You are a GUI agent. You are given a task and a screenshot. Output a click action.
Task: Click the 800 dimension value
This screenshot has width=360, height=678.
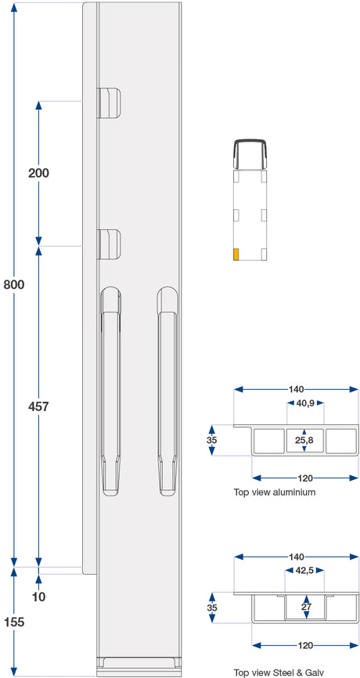click(14, 284)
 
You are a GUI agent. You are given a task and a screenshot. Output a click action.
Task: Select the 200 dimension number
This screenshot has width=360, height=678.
click(38, 173)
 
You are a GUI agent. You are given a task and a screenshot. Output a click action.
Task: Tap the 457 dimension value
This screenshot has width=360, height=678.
click(38, 406)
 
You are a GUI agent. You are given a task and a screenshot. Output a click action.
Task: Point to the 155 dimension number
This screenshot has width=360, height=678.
click(14, 622)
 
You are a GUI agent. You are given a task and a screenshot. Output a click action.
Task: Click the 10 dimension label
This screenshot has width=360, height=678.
click(38, 597)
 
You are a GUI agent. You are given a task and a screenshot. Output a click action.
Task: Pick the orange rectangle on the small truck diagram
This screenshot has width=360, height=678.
click(236, 254)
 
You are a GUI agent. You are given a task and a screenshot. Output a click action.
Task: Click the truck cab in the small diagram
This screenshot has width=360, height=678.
click(250, 153)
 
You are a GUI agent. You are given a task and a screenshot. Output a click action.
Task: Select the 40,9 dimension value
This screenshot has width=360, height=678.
click(306, 403)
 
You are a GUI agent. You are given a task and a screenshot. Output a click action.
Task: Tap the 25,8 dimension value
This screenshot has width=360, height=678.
click(304, 440)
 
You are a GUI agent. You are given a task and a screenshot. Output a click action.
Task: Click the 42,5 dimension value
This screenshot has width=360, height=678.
click(304, 570)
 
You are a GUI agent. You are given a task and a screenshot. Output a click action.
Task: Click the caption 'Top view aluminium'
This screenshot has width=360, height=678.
click(275, 492)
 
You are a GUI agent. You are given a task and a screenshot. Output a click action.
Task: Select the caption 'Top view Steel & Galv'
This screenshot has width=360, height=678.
click(279, 672)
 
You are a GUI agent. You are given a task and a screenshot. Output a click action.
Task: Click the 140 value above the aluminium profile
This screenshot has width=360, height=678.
click(297, 389)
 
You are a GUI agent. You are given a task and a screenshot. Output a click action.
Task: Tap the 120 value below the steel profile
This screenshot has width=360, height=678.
click(305, 645)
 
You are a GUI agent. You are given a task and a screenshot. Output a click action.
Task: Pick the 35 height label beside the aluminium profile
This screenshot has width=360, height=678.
click(212, 440)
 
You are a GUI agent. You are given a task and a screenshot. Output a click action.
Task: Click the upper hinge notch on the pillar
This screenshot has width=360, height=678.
click(109, 103)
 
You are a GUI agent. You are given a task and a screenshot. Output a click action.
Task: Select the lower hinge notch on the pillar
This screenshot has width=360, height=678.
click(109, 244)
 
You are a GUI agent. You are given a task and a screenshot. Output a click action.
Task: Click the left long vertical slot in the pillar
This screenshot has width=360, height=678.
click(110, 391)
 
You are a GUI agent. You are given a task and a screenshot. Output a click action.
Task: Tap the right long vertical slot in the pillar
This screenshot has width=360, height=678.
click(167, 391)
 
